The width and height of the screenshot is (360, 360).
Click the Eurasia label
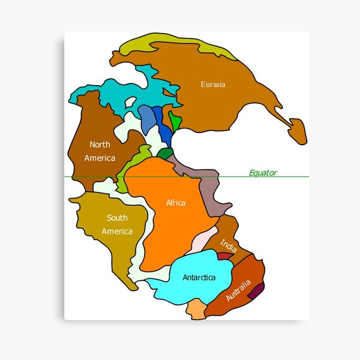tap(213, 85)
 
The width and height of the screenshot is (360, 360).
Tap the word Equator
tap(263, 173)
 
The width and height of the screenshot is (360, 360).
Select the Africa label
tap(176, 203)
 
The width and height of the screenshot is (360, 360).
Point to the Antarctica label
tap(199, 278)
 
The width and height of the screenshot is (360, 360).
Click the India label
tap(228, 244)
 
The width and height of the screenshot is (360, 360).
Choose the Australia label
tap(239, 289)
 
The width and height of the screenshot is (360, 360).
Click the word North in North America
tap(100, 145)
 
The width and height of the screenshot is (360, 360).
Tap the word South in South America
tap(117, 218)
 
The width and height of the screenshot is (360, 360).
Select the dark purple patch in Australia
tap(256, 291)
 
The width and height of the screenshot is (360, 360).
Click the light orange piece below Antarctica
tap(196, 308)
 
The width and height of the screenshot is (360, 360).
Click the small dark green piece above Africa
tap(165, 153)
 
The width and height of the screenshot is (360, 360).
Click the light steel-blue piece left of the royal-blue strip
tap(147, 119)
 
